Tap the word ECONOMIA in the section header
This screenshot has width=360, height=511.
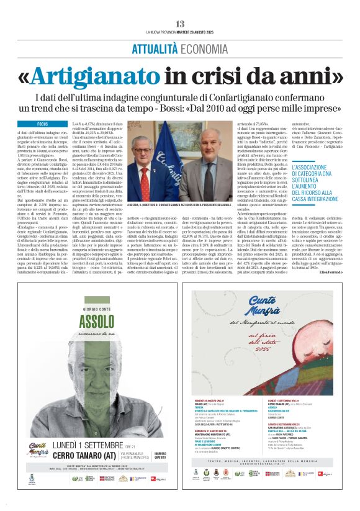click(202, 50)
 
